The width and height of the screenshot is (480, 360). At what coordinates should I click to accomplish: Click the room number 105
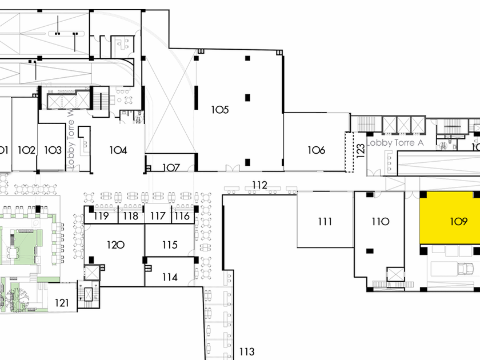(x=220, y=109)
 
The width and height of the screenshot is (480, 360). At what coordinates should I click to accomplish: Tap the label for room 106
(x=316, y=150)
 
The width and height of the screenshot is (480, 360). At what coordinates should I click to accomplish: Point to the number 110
(x=380, y=222)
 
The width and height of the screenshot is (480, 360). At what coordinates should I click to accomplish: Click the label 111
(x=325, y=222)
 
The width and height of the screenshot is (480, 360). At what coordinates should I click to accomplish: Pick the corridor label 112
(x=259, y=185)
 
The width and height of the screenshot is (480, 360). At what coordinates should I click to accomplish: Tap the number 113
(x=246, y=352)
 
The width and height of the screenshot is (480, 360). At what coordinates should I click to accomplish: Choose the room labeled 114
(x=170, y=278)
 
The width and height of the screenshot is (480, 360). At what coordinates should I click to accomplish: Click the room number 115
(x=170, y=245)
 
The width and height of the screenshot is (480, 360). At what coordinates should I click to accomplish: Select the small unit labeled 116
(x=182, y=216)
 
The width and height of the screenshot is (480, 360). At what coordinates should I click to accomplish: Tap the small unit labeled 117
(x=158, y=216)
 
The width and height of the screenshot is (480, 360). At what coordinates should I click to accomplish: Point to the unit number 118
(x=131, y=216)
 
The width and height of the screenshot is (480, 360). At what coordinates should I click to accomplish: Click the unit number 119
(x=102, y=216)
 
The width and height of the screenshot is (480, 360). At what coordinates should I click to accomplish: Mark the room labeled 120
(x=115, y=245)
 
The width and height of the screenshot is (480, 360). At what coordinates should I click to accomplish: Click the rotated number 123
(x=360, y=150)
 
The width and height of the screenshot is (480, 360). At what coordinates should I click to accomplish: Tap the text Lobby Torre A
(x=395, y=143)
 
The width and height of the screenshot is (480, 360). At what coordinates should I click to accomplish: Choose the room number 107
(x=171, y=168)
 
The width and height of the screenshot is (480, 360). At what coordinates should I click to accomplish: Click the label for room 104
(x=118, y=150)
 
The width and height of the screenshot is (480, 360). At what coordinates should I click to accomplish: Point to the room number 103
(x=53, y=150)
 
